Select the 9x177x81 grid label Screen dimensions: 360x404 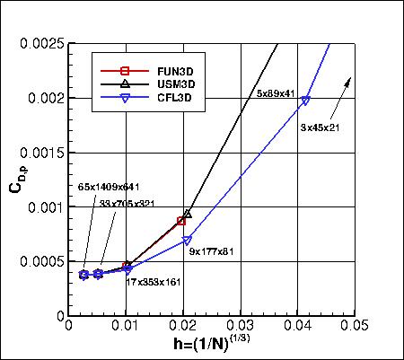212,251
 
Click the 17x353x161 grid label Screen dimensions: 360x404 154,281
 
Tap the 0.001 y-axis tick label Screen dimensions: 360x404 46,207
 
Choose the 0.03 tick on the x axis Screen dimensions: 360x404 241,327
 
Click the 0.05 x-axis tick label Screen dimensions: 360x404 354,327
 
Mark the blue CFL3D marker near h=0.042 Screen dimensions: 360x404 306,101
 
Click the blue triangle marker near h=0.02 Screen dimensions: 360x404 187,241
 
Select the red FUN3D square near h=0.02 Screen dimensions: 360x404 181,221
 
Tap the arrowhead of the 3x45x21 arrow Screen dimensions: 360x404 349,81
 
